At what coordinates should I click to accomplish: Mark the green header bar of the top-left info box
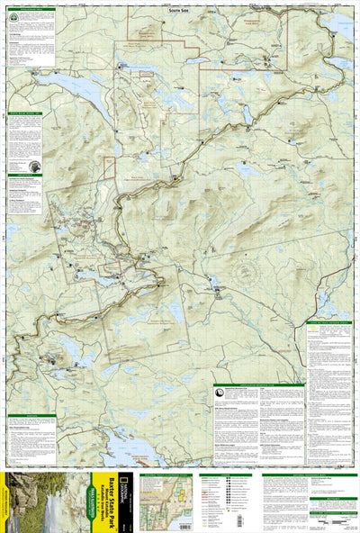(x=31, y=10)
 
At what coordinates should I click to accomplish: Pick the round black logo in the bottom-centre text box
(x=220, y=393)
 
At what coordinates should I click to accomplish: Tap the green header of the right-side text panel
(x=330, y=321)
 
